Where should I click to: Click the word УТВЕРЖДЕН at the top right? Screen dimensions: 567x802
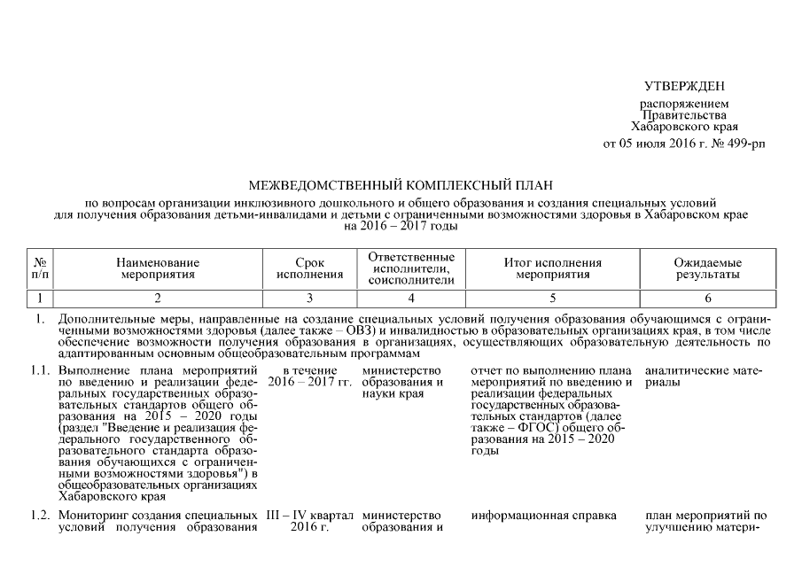click(683, 86)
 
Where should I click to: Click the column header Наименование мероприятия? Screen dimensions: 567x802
click(157, 268)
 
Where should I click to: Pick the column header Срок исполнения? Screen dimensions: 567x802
click(309, 268)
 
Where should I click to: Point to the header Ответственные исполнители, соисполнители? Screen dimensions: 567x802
click(409, 268)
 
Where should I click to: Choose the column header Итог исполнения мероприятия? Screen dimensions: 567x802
click(552, 268)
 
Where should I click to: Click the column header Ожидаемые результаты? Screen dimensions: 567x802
click(707, 268)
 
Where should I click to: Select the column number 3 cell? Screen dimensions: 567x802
click(309, 298)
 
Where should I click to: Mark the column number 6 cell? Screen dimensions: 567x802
click(707, 298)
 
